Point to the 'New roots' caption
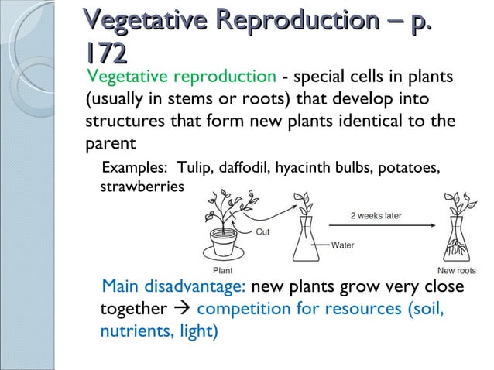coord(457,271)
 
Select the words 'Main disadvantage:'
coord(173,286)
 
